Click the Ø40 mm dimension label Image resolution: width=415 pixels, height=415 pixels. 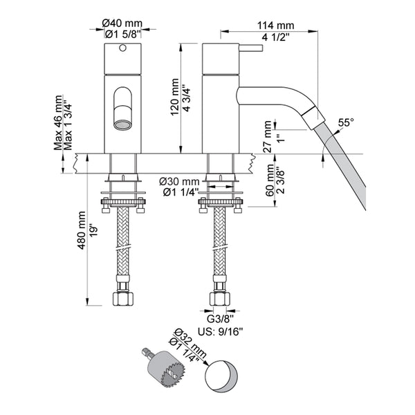coord(122,23)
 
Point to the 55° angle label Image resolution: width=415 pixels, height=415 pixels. coord(346,122)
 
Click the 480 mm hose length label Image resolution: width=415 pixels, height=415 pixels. coord(82,237)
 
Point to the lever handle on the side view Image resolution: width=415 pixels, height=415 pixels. coord(250,48)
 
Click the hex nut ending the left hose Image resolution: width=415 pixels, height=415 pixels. coord(122,299)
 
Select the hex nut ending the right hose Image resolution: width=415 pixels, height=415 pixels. coord(220,299)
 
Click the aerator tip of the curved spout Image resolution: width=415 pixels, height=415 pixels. coord(312,118)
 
